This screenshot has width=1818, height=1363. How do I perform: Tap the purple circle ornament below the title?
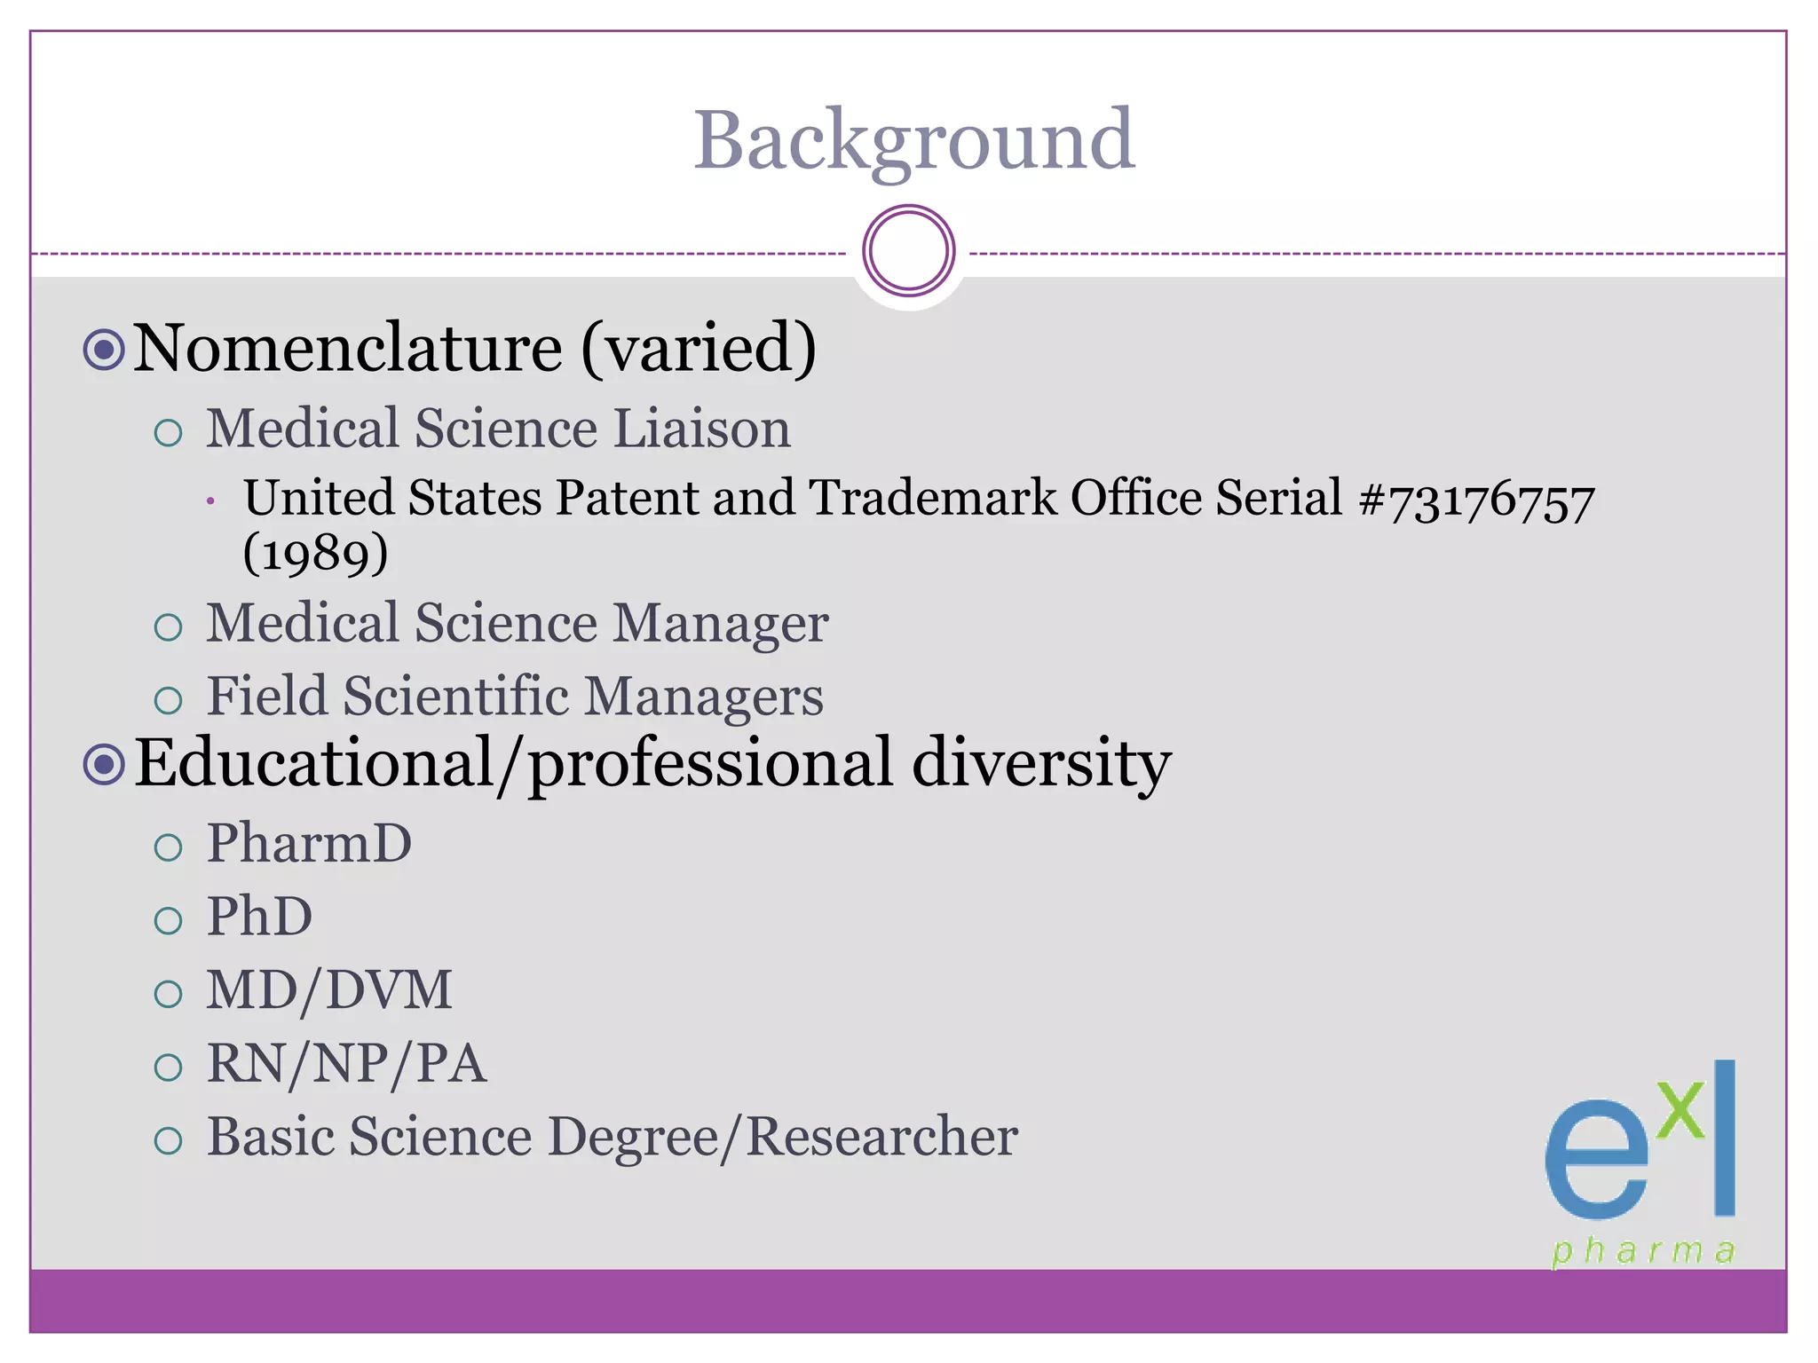908,251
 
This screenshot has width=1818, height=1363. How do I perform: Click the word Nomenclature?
347,348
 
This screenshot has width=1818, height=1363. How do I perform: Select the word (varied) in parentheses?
699,348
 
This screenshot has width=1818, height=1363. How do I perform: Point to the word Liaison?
701,429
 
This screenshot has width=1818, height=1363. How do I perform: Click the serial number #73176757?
1476,500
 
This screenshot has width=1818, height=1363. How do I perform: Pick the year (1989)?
315,555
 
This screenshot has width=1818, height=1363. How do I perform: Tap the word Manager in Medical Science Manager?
721,624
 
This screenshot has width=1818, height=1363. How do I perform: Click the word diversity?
1041,763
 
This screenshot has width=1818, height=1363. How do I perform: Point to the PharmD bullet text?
309,844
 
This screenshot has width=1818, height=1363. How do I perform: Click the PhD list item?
259,918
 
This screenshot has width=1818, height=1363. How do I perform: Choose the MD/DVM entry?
329,991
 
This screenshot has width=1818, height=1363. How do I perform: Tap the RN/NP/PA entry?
346,1065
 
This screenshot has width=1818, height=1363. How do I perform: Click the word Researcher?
881,1138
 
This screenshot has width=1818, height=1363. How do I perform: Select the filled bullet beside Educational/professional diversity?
104,764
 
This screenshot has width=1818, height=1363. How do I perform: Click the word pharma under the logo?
1643,1251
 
